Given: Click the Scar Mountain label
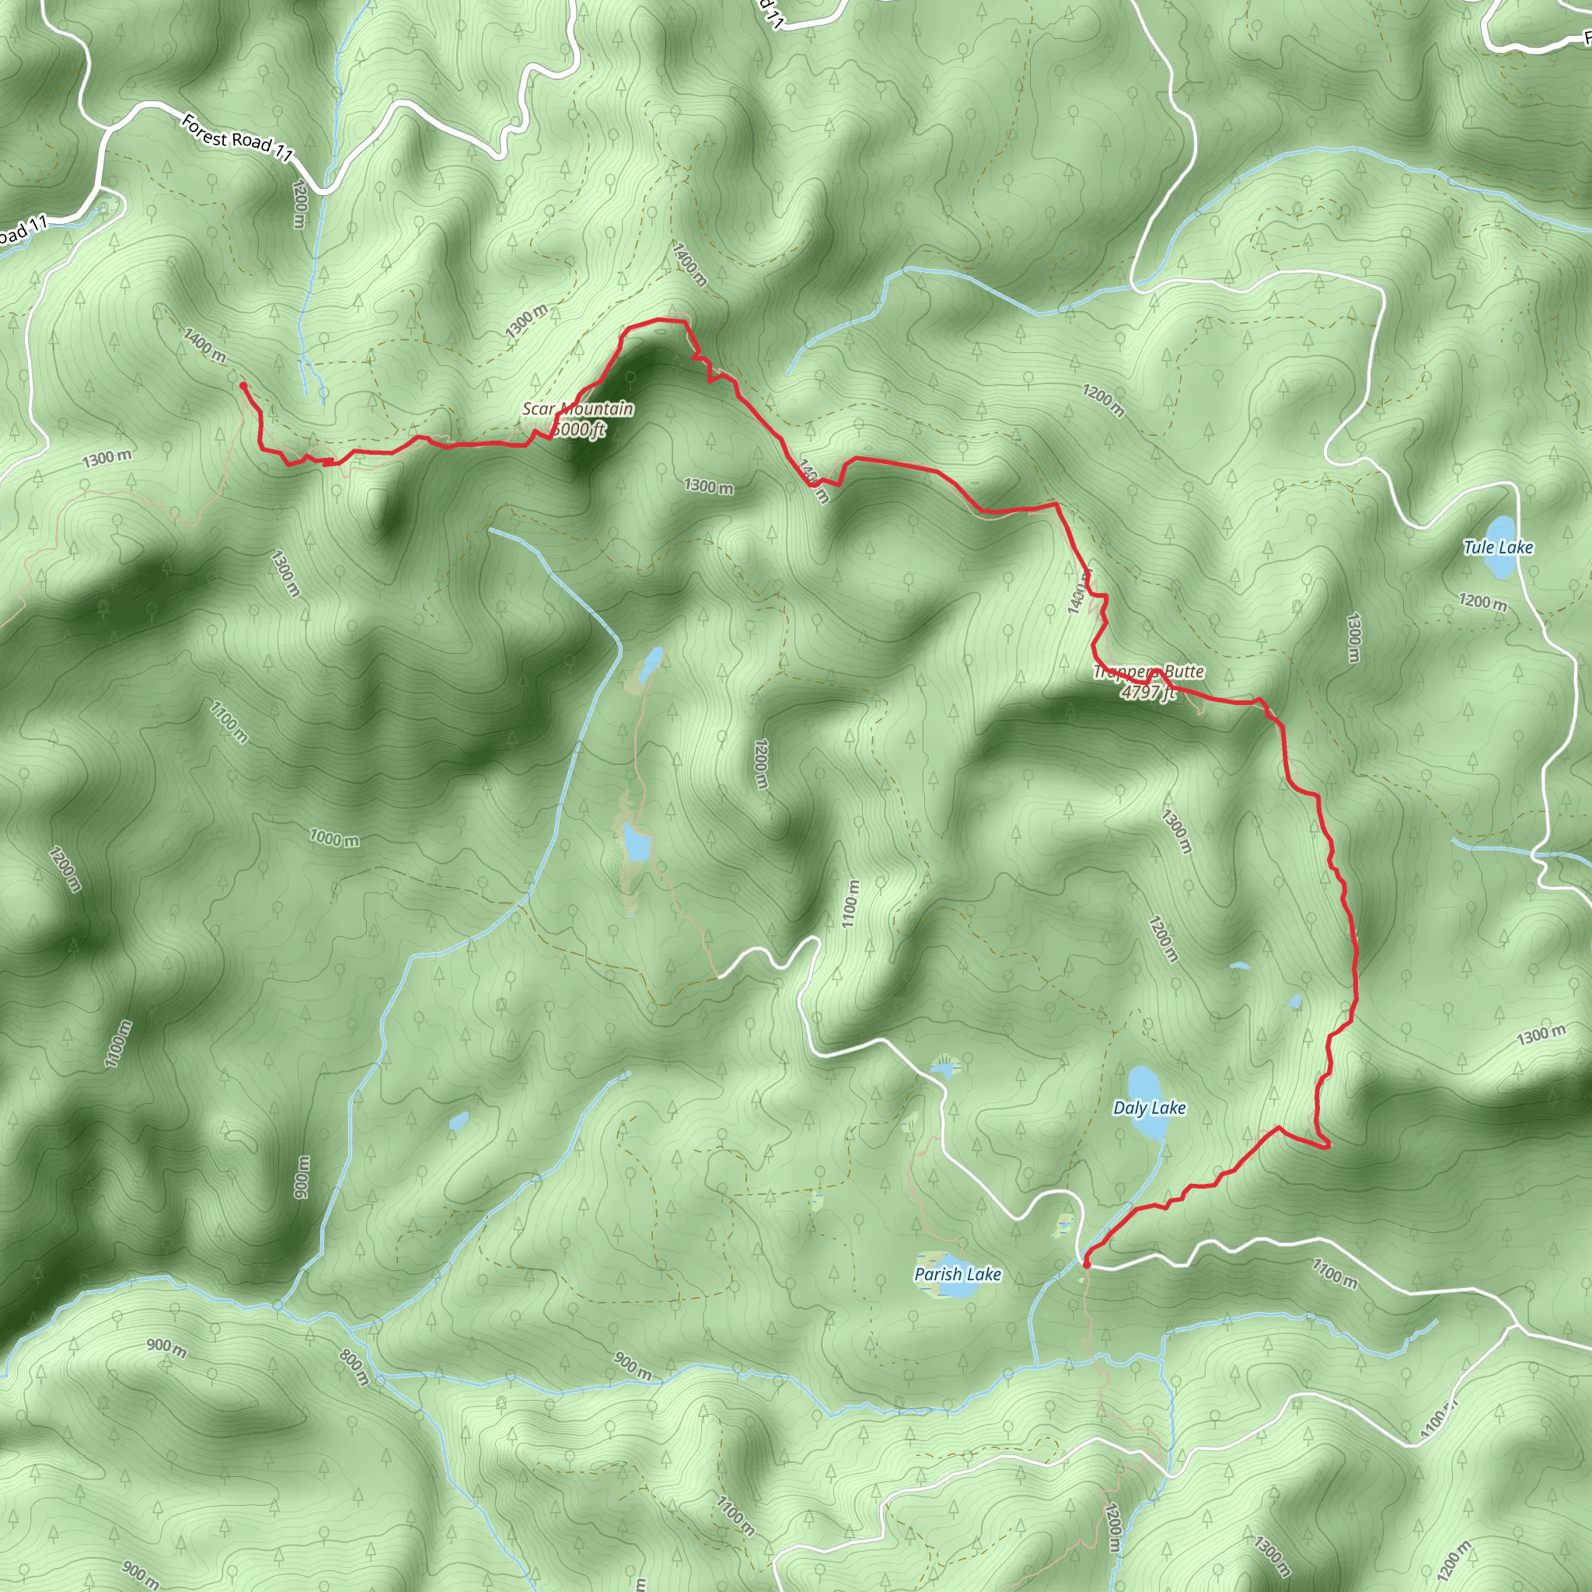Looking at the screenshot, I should pyautogui.click(x=578, y=409).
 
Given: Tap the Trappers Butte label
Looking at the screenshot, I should pyautogui.click(x=1149, y=672).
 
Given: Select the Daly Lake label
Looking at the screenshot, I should pyautogui.click(x=1149, y=1108).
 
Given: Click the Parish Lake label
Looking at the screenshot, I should pyautogui.click(x=958, y=1274).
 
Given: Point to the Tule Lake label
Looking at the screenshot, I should pyautogui.click(x=1498, y=547).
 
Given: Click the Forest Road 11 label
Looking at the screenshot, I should pyautogui.click(x=237, y=138).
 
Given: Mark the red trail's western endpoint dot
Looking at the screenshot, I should pyautogui.click(x=243, y=385).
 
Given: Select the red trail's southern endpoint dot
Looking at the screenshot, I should pyautogui.click(x=1087, y=1264).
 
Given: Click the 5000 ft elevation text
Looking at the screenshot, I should pyautogui.click(x=579, y=429).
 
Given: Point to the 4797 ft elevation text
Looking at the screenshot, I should pyautogui.click(x=1148, y=692).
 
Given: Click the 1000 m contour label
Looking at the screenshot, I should pyautogui.click(x=333, y=839).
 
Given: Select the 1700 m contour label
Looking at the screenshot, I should pyautogui.click(x=1334, y=1274).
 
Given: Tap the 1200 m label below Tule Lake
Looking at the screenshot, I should pyautogui.click(x=1482, y=602).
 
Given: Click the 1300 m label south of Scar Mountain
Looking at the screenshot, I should pyautogui.click(x=708, y=487).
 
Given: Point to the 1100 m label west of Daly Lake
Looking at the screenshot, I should pyautogui.click(x=850, y=904).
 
